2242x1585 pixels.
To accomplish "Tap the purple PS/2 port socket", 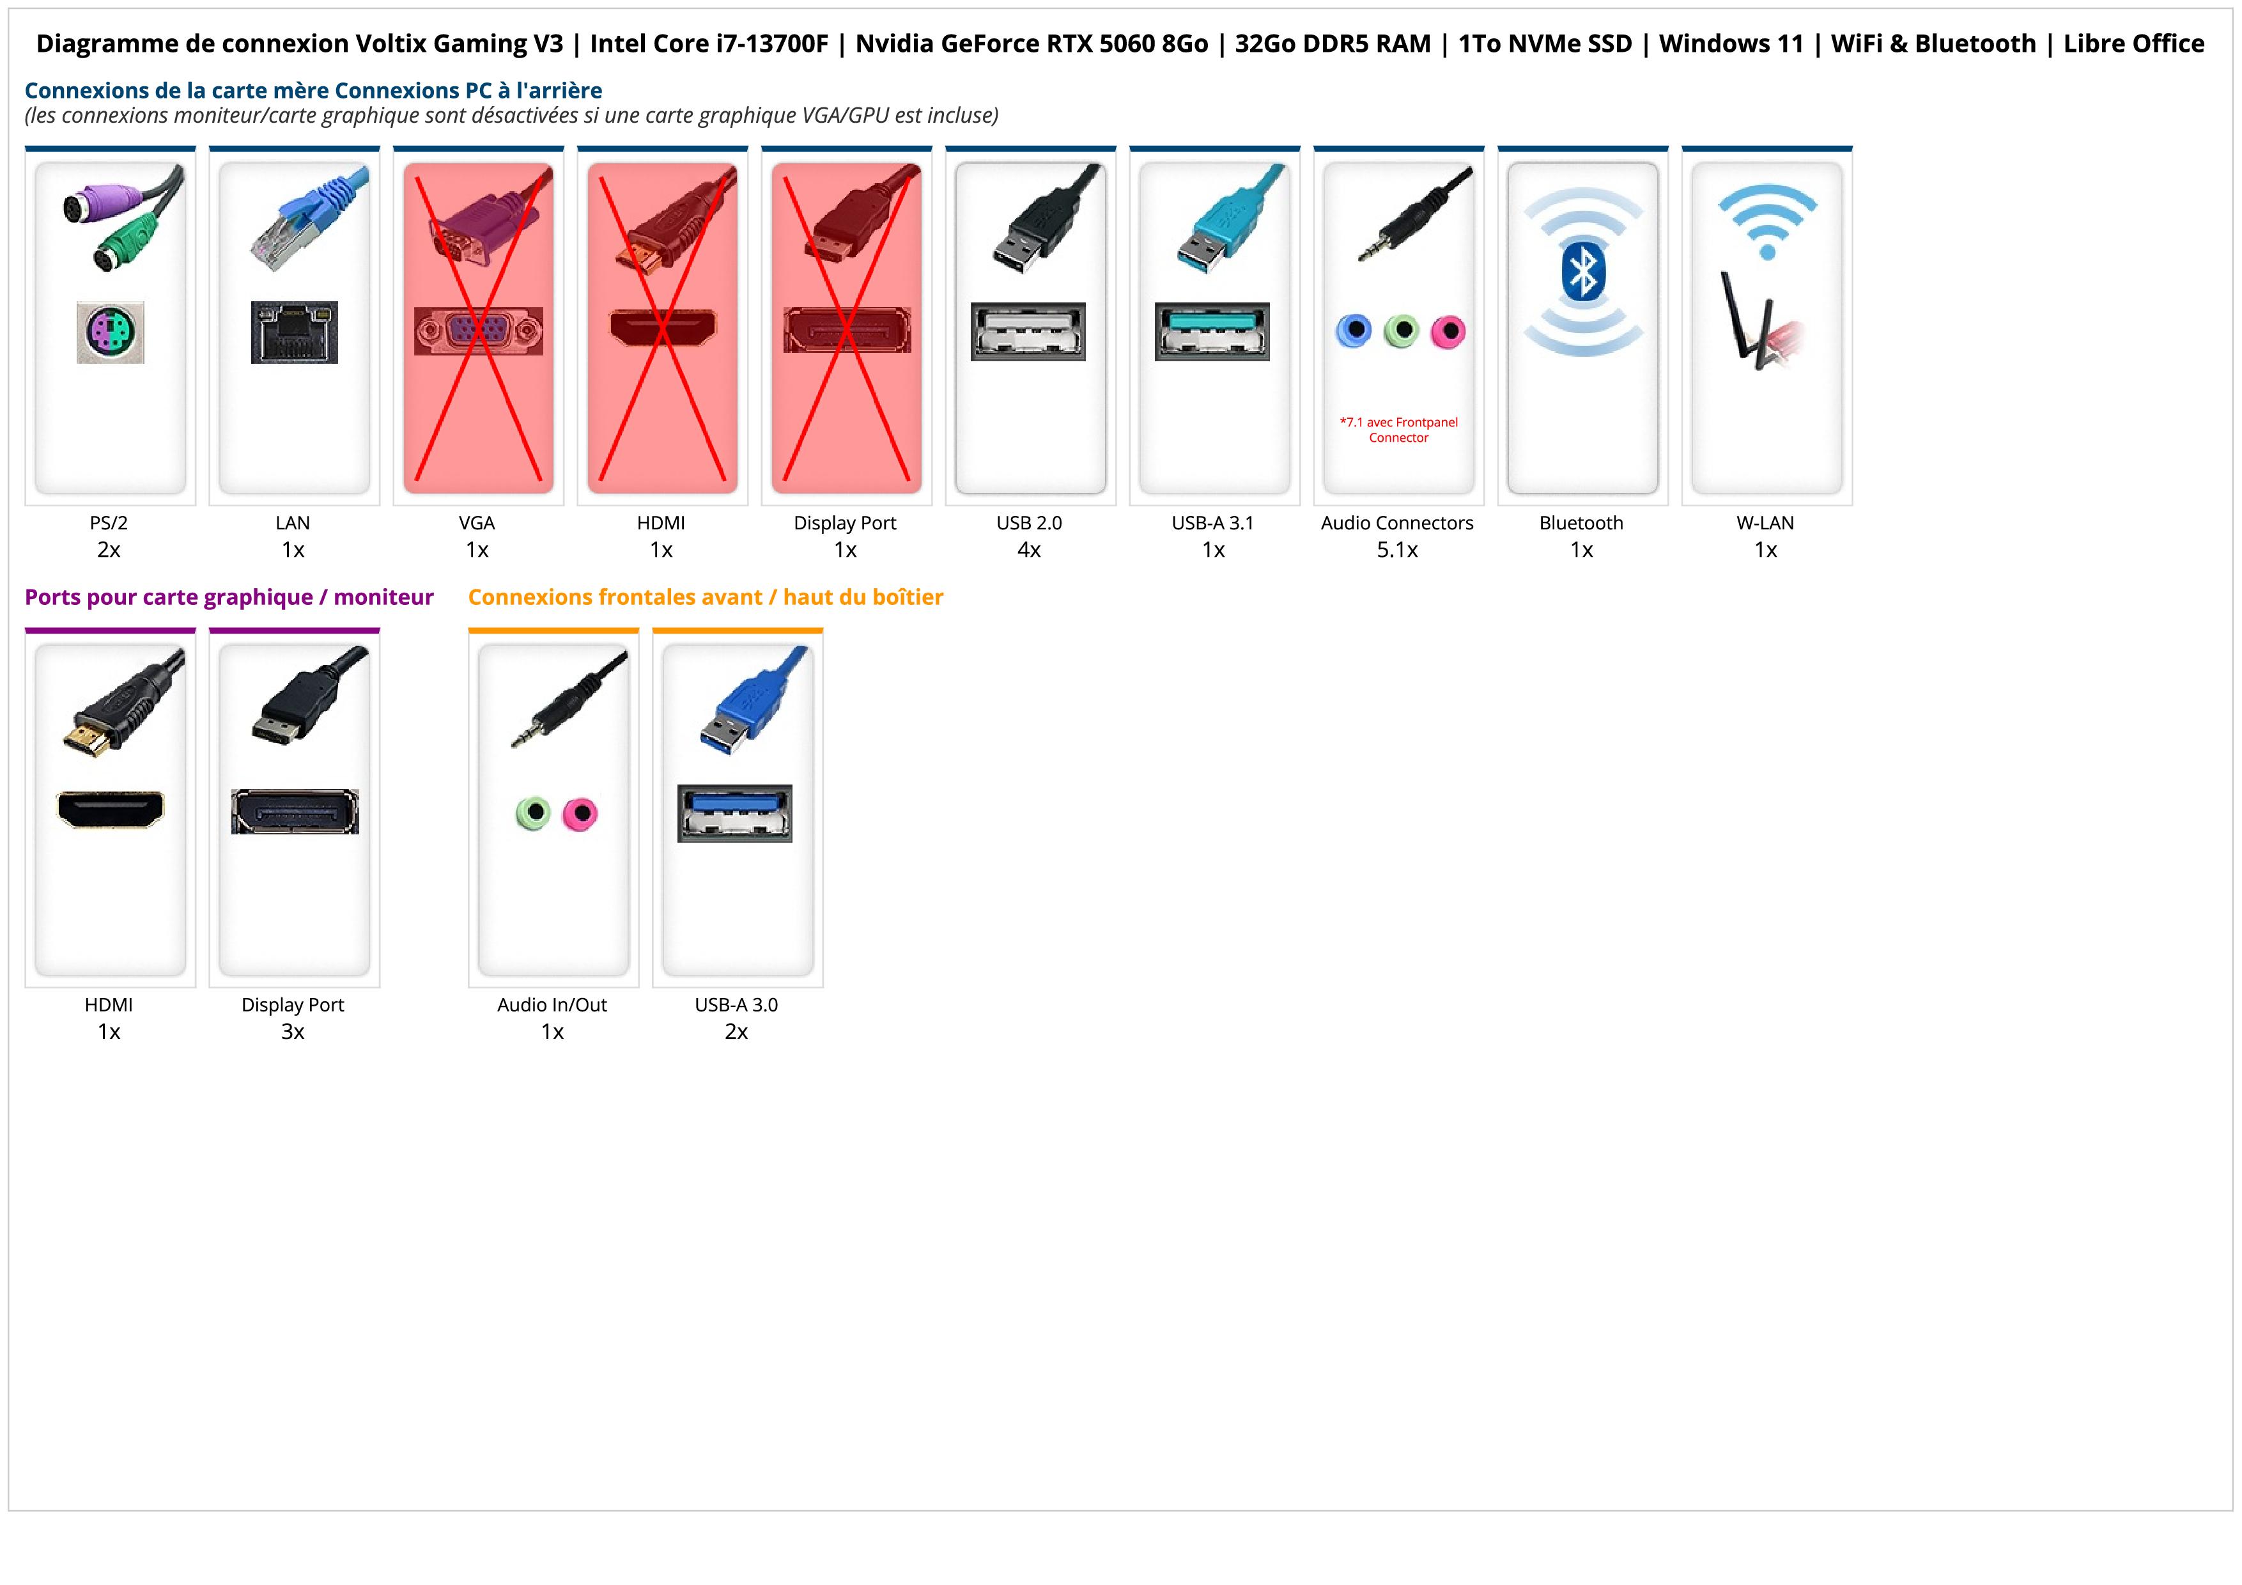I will point(111,332).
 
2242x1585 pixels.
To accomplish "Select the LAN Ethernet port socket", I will point(294,332).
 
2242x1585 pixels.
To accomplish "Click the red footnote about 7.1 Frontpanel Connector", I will point(1398,430).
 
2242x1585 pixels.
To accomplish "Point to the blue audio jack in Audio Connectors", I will point(1354,331).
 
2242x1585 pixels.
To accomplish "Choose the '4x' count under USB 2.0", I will point(1029,550).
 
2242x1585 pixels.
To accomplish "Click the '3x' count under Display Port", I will point(293,1032).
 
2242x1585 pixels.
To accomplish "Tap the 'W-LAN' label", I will point(1765,522).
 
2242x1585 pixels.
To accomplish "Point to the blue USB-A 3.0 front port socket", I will point(735,813).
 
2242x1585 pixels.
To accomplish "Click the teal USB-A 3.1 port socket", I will point(1213,331).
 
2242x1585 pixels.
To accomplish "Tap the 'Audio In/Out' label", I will point(552,1005).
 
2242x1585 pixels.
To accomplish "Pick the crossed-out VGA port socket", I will point(477,331).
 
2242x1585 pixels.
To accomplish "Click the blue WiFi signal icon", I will point(1767,221).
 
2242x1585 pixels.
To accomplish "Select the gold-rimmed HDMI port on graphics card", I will point(111,809).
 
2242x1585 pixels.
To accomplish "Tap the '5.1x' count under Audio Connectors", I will point(1397,550).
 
